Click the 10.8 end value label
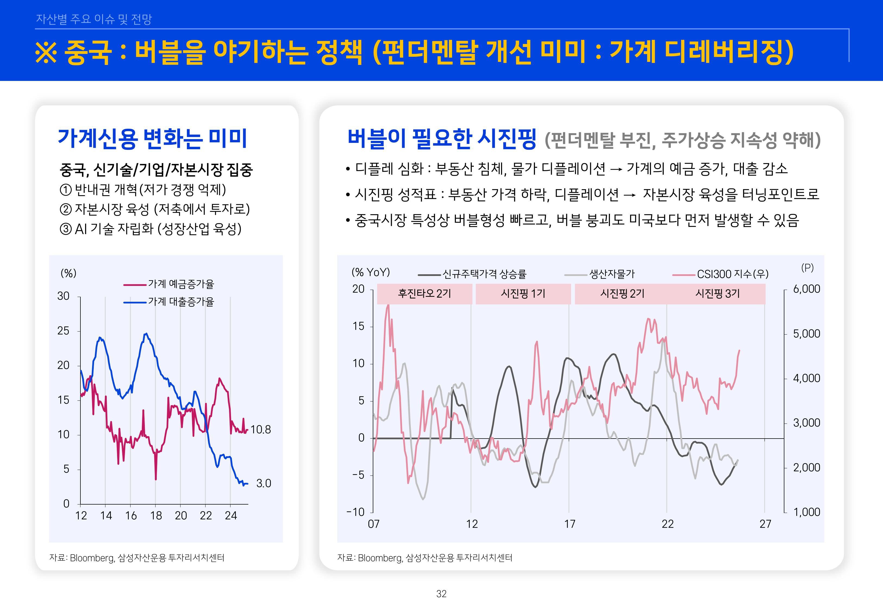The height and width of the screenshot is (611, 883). coord(260,430)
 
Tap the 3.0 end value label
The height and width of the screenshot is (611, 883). coord(264,484)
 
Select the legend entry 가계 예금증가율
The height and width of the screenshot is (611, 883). coord(181,284)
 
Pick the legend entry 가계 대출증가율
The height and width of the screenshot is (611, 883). coord(181,302)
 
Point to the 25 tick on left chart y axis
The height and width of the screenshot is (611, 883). coord(64,331)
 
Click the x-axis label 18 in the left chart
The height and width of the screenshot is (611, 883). coord(156,516)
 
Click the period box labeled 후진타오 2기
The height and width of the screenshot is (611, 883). coord(424,294)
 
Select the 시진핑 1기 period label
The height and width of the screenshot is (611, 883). coord(523,294)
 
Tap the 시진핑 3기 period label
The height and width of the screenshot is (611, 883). coord(717,294)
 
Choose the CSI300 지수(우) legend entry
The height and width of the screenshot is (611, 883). coord(732,274)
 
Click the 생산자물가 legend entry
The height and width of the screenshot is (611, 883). coord(612,274)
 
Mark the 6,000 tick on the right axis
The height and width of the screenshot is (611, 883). coord(806,289)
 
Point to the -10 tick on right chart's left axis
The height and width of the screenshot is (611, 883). coord(355,512)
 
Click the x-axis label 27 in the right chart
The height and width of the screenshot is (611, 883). coord(765,524)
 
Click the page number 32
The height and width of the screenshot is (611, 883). coord(441,594)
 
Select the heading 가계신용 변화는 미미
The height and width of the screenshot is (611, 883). coord(152,138)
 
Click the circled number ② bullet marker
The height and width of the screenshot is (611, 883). coord(66,209)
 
